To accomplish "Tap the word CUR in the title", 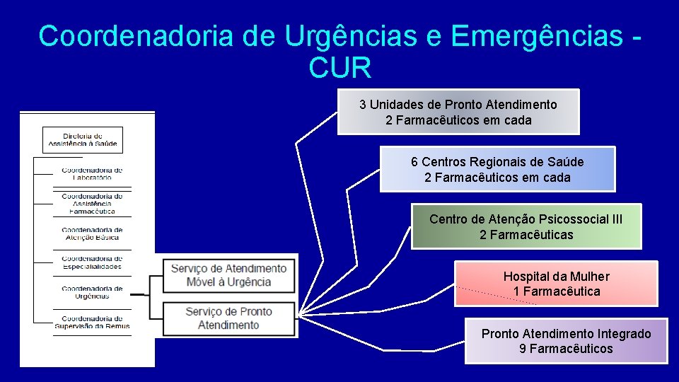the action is pyautogui.click(x=339, y=69).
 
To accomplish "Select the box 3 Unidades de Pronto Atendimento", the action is pyautogui.click(x=458, y=112).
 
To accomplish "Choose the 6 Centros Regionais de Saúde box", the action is pyautogui.click(x=497, y=169).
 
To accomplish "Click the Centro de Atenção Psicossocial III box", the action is pyautogui.click(x=526, y=226).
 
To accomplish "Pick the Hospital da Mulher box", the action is pyautogui.click(x=556, y=284).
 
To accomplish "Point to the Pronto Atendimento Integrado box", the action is pyautogui.click(x=566, y=341).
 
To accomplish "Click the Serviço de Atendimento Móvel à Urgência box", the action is pyautogui.click(x=228, y=275).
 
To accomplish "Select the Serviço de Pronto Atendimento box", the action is pyautogui.click(x=228, y=318).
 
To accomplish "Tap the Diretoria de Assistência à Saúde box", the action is pyautogui.click(x=83, y=140).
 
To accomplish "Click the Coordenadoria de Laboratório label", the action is pyautogui.click(x=92, y=174).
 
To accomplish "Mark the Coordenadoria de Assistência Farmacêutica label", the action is pyautogui.click(x=92, y=204).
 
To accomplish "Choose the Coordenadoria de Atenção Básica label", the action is pyautogui.click(x=92, y=233).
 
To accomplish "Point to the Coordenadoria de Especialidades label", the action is pyautogui.click(x=92, y=262).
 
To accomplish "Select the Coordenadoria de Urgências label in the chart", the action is pyautogui.click(x=92, y=292).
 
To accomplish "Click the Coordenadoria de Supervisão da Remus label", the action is pyautogui.click(x=92, y=322).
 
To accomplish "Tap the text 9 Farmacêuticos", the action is pyautogui.click(x=566, y=349).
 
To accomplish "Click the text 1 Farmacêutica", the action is pyautogui.click(x=556, y=291).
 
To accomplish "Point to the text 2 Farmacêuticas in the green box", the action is pyautogui.click(x=526, y=234).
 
